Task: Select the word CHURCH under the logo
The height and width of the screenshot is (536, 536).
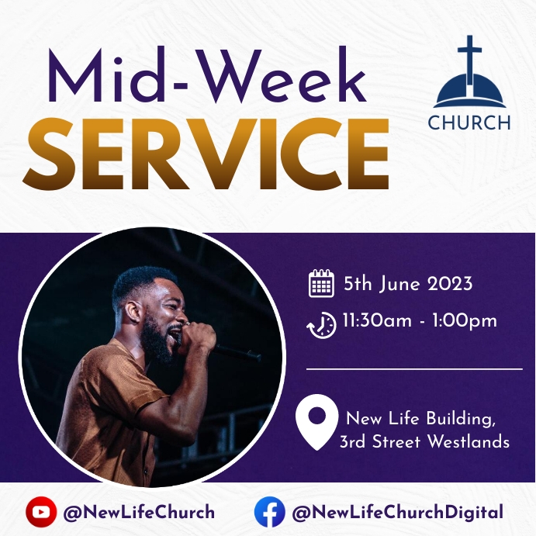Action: point(469,123)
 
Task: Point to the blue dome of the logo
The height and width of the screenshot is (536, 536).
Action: point(469,93)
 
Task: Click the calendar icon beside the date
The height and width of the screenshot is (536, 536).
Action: point(321,284)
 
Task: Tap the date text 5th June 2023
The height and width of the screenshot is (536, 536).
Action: point(408,284)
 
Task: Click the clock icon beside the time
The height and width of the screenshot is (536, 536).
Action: point(321,324)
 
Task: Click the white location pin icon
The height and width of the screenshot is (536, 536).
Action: point(316,423)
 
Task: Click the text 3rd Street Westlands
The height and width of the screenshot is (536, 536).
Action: point(424,442)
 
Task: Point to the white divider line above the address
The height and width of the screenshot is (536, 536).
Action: point(414,370)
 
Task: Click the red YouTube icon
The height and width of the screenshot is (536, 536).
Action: point(40,512)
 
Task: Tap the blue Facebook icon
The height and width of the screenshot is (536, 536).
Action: point(269,512)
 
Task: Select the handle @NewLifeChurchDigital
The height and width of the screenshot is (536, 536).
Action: point(397,513)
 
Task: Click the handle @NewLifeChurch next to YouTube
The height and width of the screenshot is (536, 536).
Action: point(139,513)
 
